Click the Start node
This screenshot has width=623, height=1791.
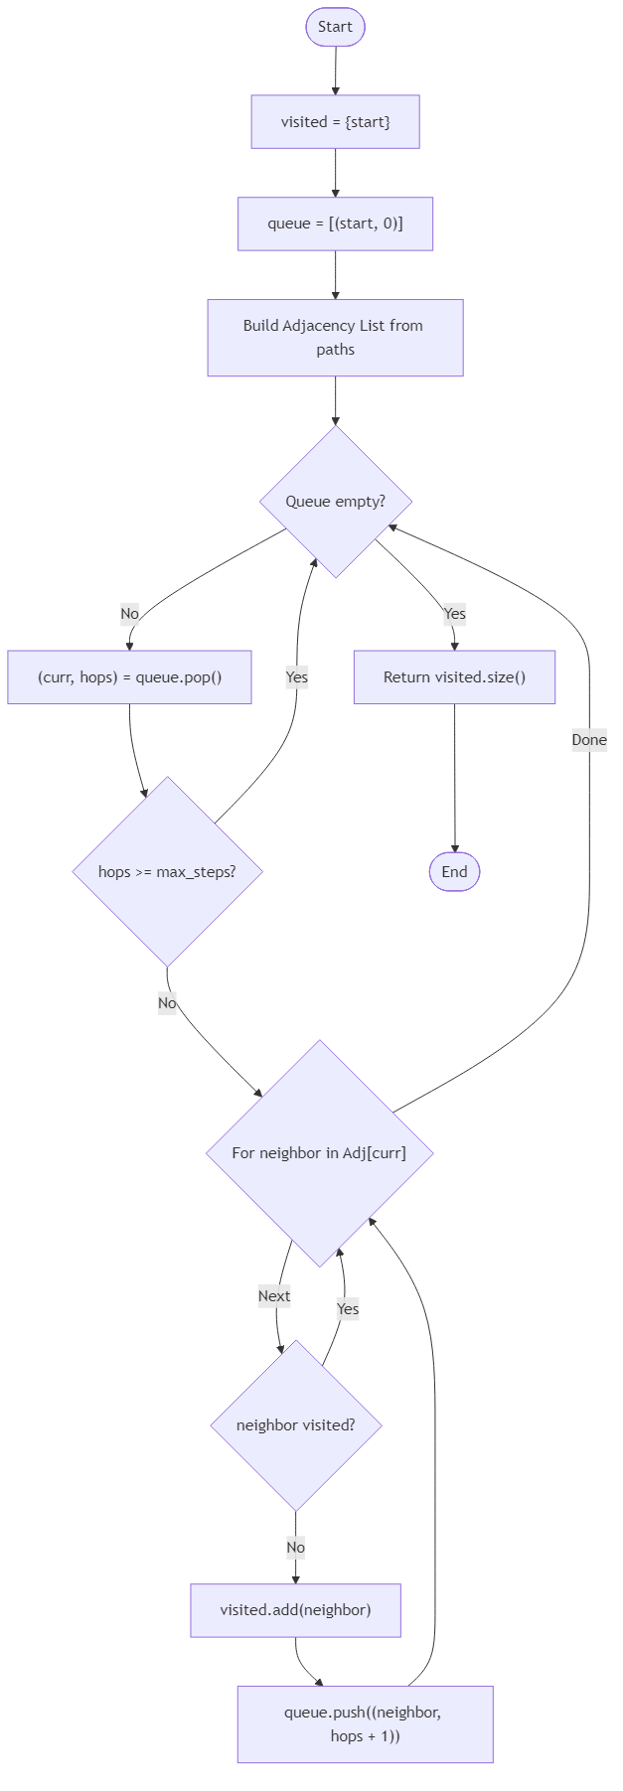(335, 27)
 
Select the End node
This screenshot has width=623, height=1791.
(454, 872)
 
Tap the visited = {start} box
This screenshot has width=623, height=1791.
(335, 121)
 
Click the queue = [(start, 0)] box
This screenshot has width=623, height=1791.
(335, 224)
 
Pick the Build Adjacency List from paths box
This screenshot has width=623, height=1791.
(335, 338)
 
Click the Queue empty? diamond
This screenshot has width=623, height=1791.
(335, 502)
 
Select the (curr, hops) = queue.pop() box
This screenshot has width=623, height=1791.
(129, 677)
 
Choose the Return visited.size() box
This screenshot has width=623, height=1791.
(454, 677)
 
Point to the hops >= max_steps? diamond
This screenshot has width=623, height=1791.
(167, 872)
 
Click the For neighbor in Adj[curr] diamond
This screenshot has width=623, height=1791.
(319, 1153)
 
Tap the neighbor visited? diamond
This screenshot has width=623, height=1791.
(295, 1425)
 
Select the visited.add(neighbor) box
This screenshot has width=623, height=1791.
(295, 1610)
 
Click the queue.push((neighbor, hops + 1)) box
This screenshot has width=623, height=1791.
(365, 1724)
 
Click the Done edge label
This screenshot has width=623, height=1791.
(589, 740)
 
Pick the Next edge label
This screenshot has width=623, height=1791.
(274, 1296)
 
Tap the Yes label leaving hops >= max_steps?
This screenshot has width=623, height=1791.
(296, 677)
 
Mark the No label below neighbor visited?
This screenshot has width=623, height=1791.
(295, 1548)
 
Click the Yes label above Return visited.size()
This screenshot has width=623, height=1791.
(454, 614)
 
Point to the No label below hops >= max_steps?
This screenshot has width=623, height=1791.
(167, 1003)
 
